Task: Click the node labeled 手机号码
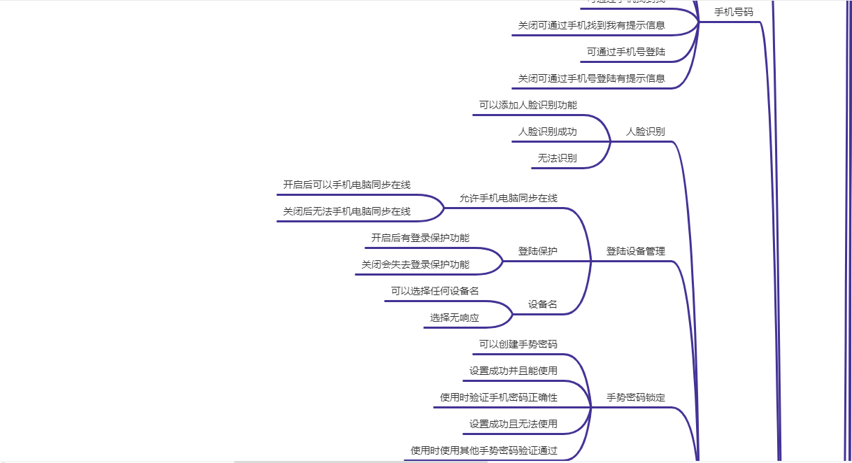coord(733,13)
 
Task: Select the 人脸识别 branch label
coord(645,131)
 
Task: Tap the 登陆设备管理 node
coord(635,251)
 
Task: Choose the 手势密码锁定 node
coord(635,398)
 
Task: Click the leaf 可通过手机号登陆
coord(625,52)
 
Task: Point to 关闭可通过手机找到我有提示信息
coord(591,25)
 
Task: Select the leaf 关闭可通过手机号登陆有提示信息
coord(591,78)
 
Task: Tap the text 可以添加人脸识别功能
coord(527,105)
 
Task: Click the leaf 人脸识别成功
coord(547,131)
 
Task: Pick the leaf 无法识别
coord(557,158)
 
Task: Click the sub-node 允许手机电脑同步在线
coord(508,198)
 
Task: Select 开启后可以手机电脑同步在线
coord(346,185)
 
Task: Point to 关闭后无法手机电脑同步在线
coord(346,211)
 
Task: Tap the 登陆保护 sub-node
coord(537,251)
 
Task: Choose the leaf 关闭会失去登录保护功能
coord(415,264)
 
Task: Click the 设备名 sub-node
coord(542,304)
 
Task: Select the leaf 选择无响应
coord(454,318)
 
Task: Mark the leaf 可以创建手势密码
coord(518,344)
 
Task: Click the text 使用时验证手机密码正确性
coord(498,397)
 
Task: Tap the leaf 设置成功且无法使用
coord(513,424)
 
